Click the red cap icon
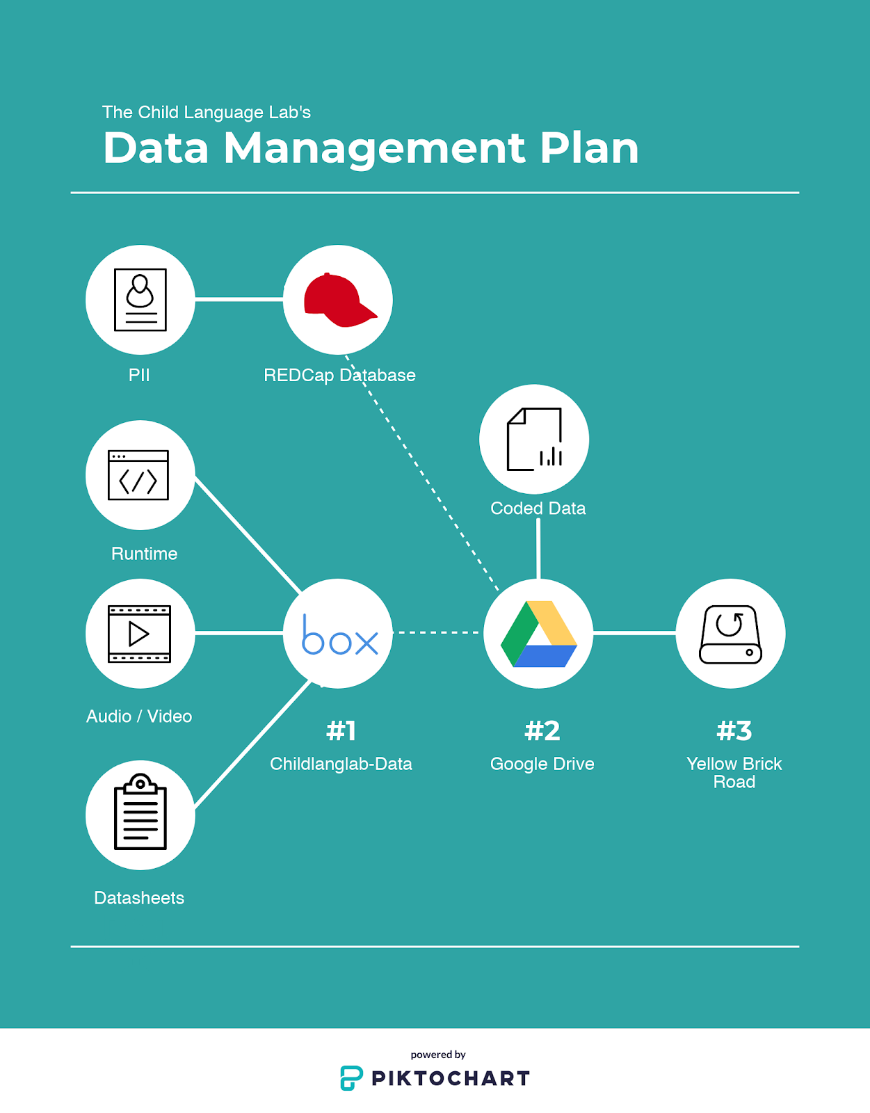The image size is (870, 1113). click(x=339, y=300)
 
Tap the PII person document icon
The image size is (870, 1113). click(x=140, y=300)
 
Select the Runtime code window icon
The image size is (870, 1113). click(x=138, y=475)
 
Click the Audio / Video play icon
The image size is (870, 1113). click(x=139, y=634)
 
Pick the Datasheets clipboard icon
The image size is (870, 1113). click(x=140, y=813)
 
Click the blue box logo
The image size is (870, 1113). click(x=339, y=635)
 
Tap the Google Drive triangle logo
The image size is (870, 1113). click(x=539, y=634)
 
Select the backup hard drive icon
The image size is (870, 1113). click(x=730, y=634)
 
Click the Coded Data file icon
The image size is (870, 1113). click(x=534, y=439)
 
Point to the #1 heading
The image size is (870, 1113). click(x=341, y=730)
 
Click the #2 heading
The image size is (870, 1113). click(x=542, y=730)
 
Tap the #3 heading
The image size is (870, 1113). click(x=734, y=730)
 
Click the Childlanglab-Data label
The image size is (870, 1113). click(x=341, y=764)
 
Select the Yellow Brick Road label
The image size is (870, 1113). click(x=734, y=772)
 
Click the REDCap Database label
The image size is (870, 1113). click(x=339, y=375)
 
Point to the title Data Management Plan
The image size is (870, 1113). click(x=371, y=147)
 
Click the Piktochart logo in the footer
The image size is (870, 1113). click(x=435, y=1078)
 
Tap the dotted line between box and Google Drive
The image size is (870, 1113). click(x=437, y=632)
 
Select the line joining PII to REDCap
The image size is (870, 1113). click(x=239, y=299)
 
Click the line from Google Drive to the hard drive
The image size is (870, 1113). click(x=634, y=633)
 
